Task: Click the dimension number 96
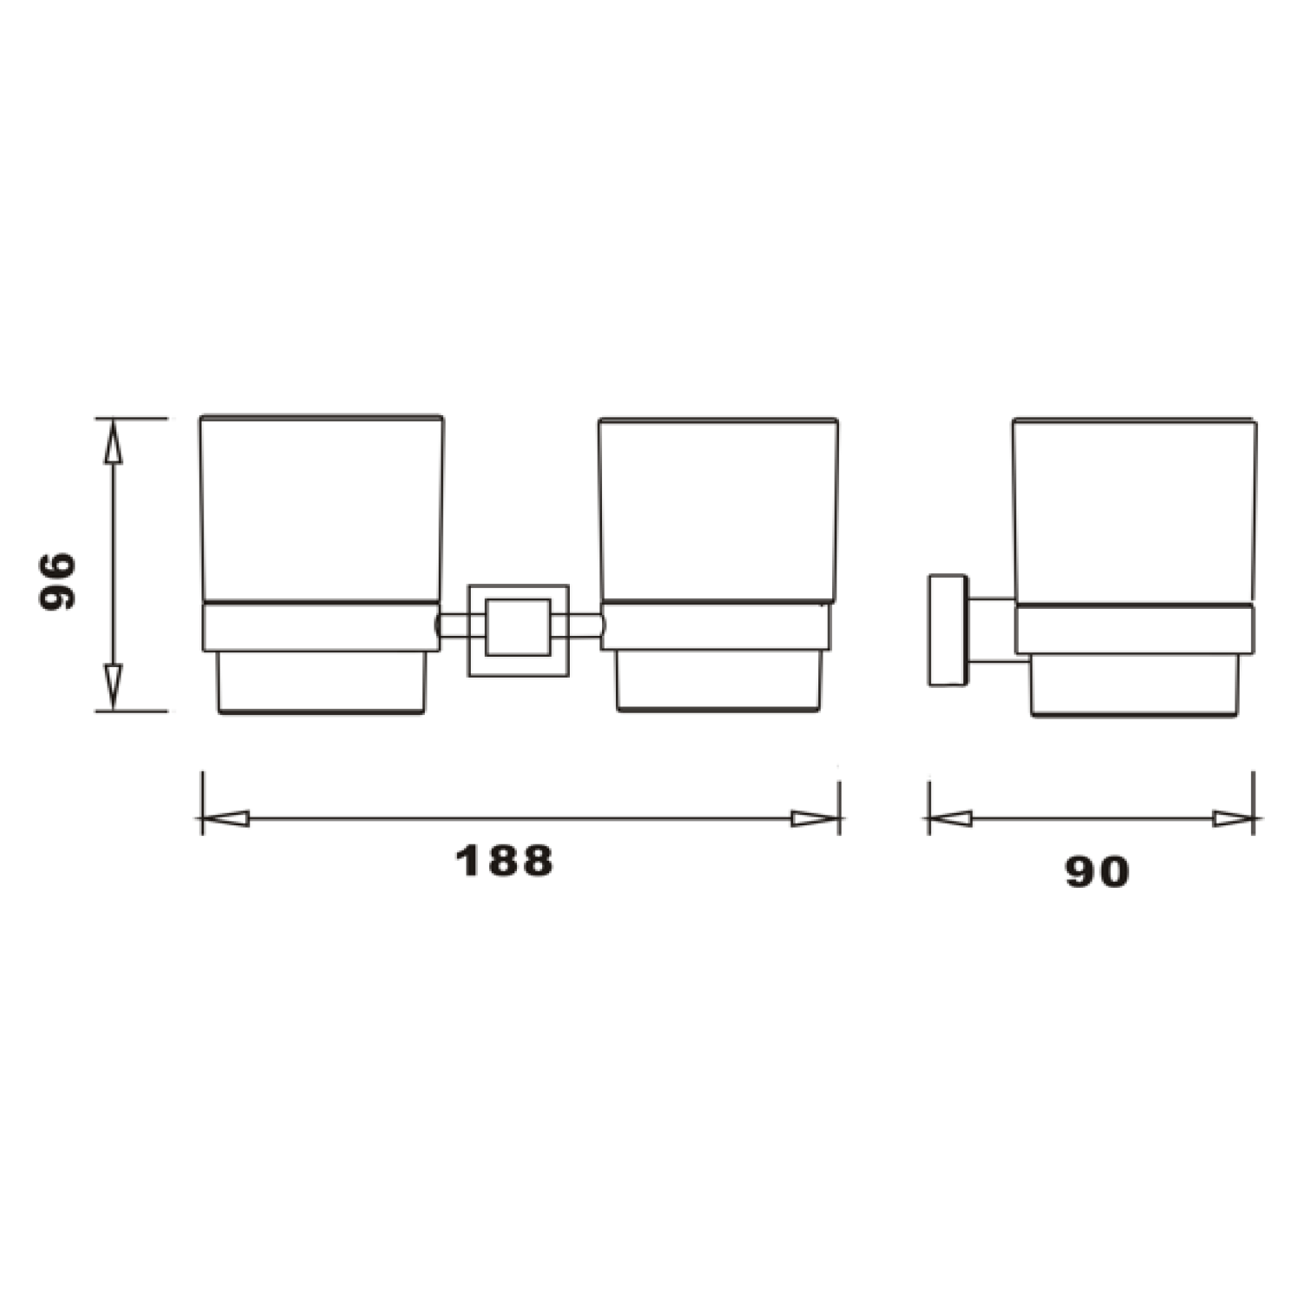click(x=58, y=580)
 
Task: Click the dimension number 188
click(x=504, y=861)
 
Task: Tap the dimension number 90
click(x=1097, y=871)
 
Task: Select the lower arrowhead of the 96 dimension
click(x=113, y=685)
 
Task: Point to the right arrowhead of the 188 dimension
click(x=815, y=818)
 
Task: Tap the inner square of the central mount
click(x=518, y=627)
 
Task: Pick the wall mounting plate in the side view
click(x=948, y=630)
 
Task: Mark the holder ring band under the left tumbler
click(x=320, y=626)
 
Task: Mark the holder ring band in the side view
click(x=1134, y=630)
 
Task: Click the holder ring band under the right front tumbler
click(x=716, y=626)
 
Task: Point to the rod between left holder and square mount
click(x=453, y=626)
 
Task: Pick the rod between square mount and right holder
click(x=584, y=626)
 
